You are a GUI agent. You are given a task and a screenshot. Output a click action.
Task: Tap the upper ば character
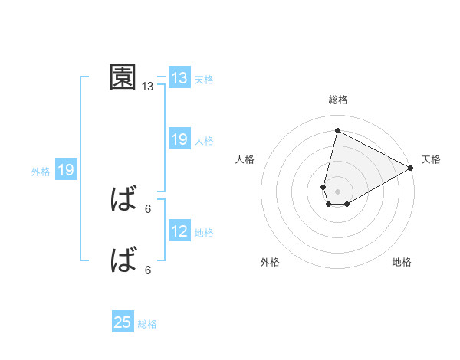123,201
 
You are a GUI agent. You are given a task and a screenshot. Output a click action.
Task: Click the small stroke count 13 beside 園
148,87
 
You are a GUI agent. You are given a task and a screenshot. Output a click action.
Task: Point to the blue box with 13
179,78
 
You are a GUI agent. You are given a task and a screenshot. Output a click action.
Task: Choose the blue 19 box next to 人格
179,139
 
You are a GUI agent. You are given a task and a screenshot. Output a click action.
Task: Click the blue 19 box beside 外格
66,170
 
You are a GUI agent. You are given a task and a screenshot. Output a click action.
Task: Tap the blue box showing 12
179,231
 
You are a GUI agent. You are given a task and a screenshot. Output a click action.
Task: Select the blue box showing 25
123,322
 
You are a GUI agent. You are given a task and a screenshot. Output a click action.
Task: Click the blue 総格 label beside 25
147,324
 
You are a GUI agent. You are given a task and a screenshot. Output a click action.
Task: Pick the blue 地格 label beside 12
204,233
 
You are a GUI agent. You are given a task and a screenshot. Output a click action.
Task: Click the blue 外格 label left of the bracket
41,172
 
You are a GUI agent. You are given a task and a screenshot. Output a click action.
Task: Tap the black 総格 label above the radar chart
337,100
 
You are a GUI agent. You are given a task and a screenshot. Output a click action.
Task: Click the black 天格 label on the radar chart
431,159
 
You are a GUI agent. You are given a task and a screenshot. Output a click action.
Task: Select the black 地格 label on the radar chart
402,263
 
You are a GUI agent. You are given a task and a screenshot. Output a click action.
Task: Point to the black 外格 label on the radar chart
270,263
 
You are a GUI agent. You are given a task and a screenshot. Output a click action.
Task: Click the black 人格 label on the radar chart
245,159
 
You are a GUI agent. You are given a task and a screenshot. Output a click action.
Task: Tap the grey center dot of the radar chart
337,191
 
